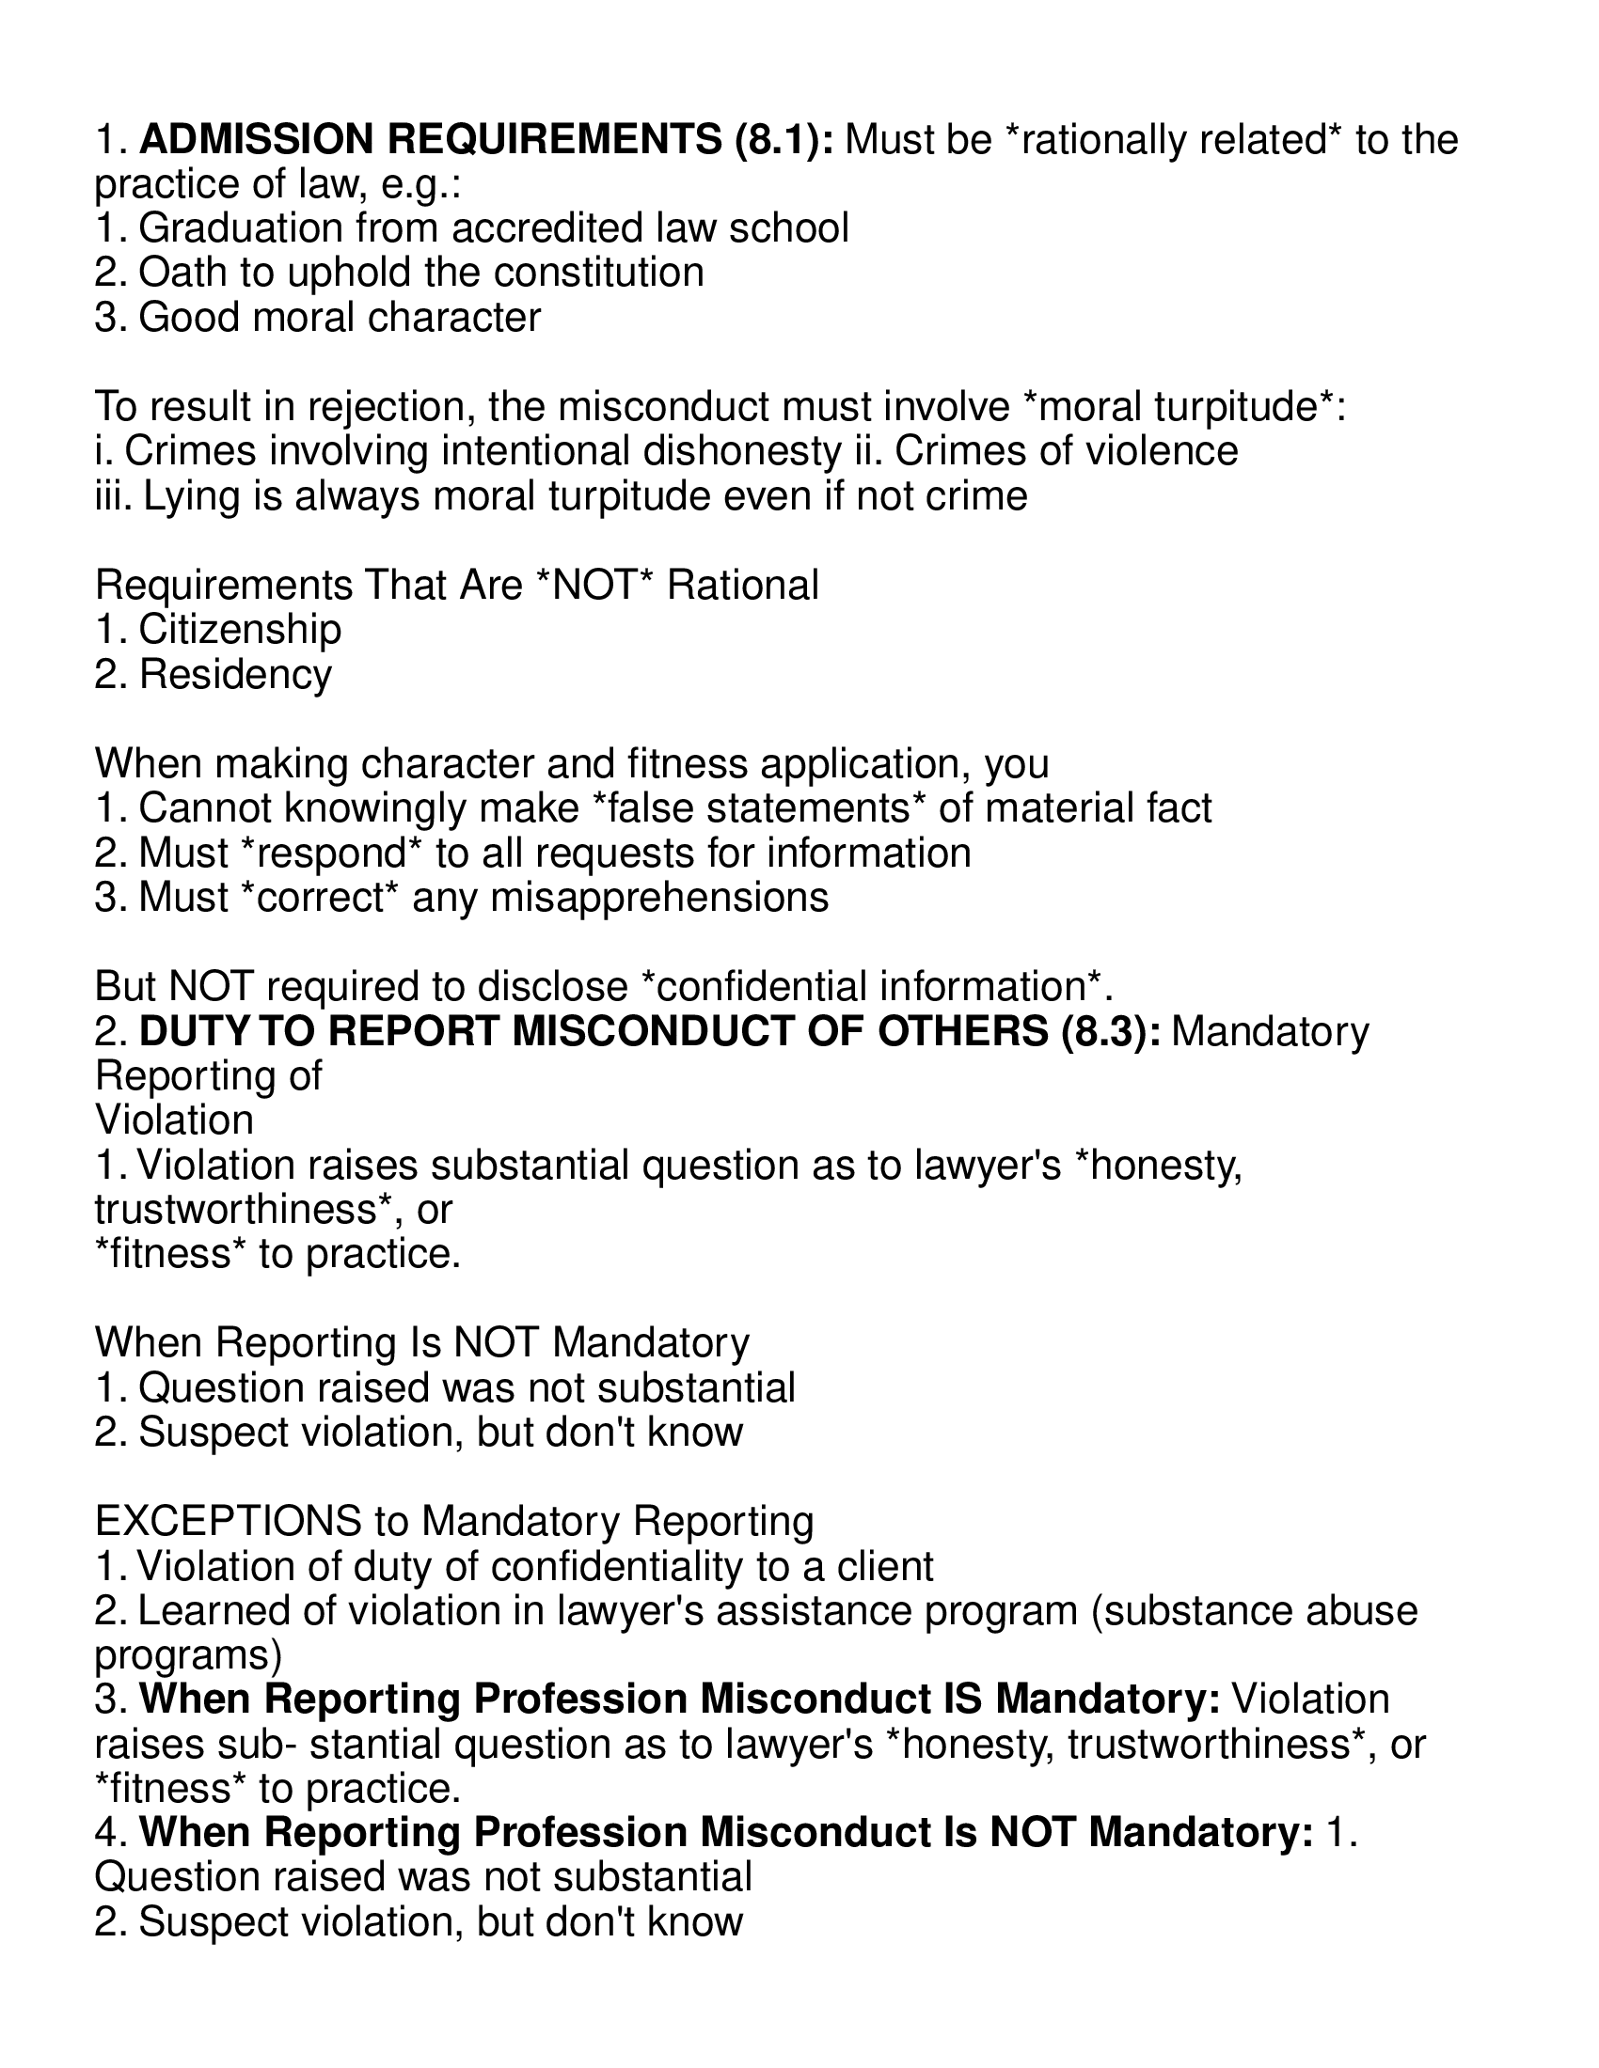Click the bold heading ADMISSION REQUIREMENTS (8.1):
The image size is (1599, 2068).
click(487, 140)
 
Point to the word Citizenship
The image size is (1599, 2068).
click(240, 630)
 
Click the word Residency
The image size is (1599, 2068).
click(235, 674)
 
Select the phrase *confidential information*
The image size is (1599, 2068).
click(872, 987)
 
